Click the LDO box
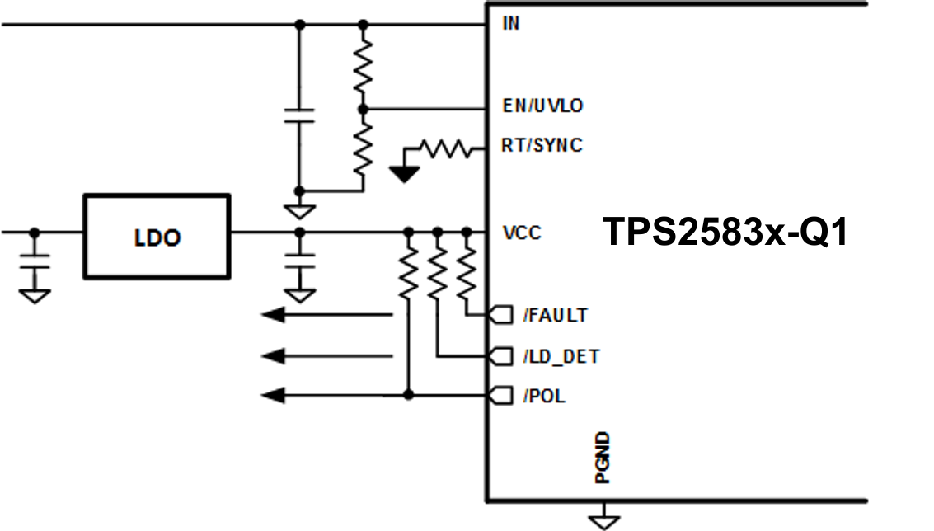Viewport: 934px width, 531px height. (157, 237)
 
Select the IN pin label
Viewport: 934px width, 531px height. (511, 23)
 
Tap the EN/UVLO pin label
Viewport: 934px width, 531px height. (542, 106)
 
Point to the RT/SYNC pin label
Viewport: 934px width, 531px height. (542, 145)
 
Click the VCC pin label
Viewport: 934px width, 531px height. (522, 233)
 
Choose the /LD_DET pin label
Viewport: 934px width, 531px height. (561, 356)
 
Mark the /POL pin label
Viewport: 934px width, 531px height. (544, 397)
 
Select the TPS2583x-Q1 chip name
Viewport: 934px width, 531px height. (725, 233)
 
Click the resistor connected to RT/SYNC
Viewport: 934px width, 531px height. (445, 149)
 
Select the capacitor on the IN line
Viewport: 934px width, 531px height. (300, 115)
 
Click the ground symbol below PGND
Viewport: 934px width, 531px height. (603, 520)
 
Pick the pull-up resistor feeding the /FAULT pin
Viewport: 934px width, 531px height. (467, 272)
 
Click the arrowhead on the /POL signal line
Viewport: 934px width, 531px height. (274, 397)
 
